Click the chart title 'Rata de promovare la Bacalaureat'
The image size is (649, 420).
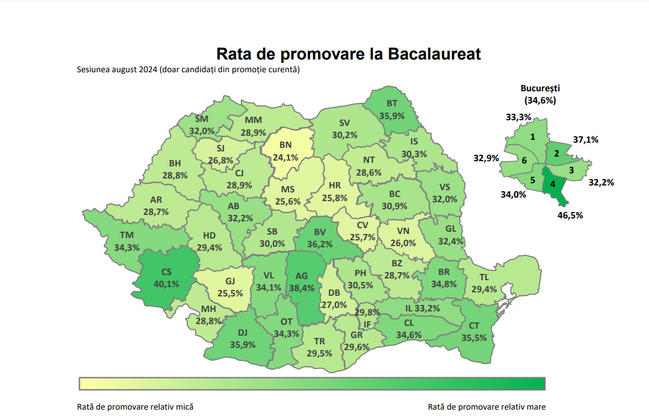click(348, 54)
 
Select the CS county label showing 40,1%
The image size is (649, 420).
click(166, 278)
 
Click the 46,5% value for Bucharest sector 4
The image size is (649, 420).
click(570, 215)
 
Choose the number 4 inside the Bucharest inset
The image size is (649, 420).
click(553, 184)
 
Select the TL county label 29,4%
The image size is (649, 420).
click(484, 283)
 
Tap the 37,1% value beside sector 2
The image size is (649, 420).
click(585, 140)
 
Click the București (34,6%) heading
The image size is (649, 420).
click(540, 94)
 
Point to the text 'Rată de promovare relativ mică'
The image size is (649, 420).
click(135, 407)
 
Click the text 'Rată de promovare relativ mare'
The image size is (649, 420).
click(486, 407)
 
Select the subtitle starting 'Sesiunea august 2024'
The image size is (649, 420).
click(188, 70)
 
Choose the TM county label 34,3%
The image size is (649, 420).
click(127, 241)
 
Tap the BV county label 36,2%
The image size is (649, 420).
click(320, 239)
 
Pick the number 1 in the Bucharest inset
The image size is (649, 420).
click(532, 137)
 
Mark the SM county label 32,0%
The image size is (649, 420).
click(201, 125)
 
